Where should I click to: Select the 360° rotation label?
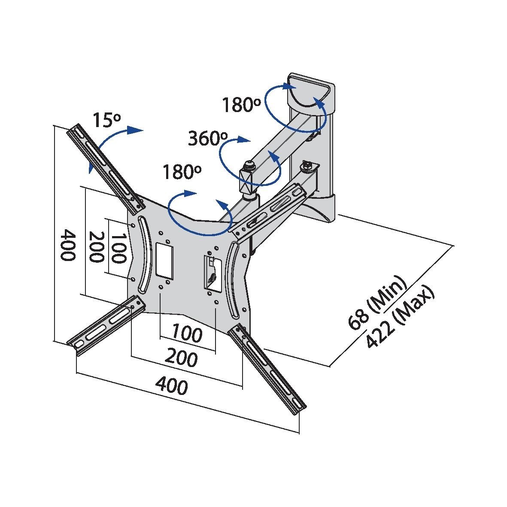(207, 138)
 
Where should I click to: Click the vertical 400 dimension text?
(67, 245)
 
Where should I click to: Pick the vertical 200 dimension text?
(95, 247)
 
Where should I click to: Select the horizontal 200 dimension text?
(182, 358)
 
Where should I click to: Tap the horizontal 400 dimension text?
(171, 385)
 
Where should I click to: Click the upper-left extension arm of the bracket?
(103, 166)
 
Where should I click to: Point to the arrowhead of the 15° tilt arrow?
(137, 130)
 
